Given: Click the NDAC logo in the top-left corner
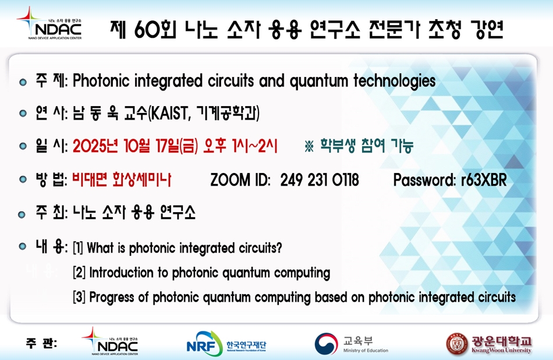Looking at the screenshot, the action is [49, 23].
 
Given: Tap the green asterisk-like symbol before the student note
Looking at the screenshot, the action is [309, 146].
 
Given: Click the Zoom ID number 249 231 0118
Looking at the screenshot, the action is [320, 180].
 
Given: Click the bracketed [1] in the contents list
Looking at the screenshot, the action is [78, 248].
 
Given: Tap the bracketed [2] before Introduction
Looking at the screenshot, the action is [79, 273].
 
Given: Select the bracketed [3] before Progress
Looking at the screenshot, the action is [79, 297].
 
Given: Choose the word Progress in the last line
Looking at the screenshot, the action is [111, 298].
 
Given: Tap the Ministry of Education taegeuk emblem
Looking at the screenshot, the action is [326, 344].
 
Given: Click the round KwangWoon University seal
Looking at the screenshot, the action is [457, 344].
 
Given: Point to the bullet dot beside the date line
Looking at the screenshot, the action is [23, 146].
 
